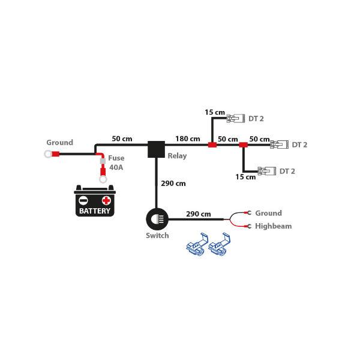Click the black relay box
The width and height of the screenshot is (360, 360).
pos(157,150)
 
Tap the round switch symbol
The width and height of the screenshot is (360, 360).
pos(157,218)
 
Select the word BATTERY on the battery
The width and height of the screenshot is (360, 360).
pos(95,211)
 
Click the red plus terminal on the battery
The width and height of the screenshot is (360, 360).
pos(106,200)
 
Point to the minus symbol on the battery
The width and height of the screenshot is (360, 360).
pos(85,200)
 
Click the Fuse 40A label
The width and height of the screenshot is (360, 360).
pos(115,163)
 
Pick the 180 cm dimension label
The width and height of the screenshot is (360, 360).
pos(187,139)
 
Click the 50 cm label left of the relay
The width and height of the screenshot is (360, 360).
pos(122,139)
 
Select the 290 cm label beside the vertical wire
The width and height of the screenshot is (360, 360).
pos(174,183)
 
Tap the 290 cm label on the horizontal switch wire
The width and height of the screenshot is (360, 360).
pos(198,214)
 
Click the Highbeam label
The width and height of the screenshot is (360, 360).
pos(273,226)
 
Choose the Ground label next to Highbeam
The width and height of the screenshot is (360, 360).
pos(268,213)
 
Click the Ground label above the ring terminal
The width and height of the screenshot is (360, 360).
pos(59,143)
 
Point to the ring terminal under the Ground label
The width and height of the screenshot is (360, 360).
pos(47,154)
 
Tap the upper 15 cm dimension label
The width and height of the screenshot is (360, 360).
pos(214,112)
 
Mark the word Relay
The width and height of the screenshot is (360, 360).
pos(177,156)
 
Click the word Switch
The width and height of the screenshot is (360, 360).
pos(157,236)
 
